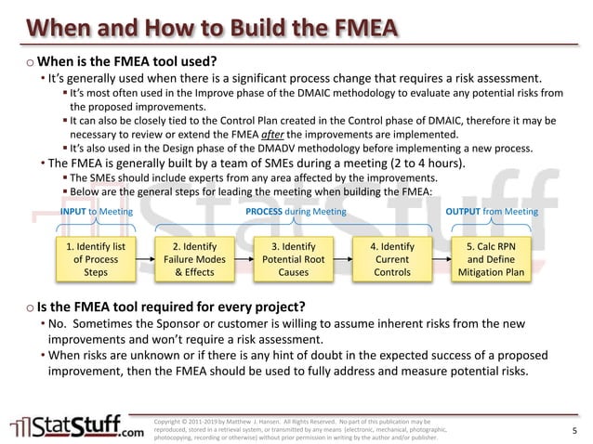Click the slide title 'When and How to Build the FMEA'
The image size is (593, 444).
[x=203, y=22]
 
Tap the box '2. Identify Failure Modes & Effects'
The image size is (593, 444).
[x=193, y=259]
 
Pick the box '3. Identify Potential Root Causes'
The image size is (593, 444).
[x=293, y=259]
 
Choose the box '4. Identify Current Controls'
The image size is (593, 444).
[x=391, y=259]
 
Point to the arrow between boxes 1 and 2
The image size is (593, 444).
[x=145, y=259]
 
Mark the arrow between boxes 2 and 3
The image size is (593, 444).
[x=244, y=259]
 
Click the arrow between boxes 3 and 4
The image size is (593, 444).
[x=342, y=259]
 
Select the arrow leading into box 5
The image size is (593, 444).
[x=441, y=259]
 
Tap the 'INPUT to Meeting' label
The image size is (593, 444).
[x=96, y=212]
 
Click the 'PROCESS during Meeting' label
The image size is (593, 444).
[x=296, y=212]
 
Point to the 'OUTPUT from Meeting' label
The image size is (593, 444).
[x=492, y=212]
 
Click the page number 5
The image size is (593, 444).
[x=574, y=429]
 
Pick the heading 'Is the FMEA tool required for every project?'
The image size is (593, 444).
[x=172, y=307]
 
